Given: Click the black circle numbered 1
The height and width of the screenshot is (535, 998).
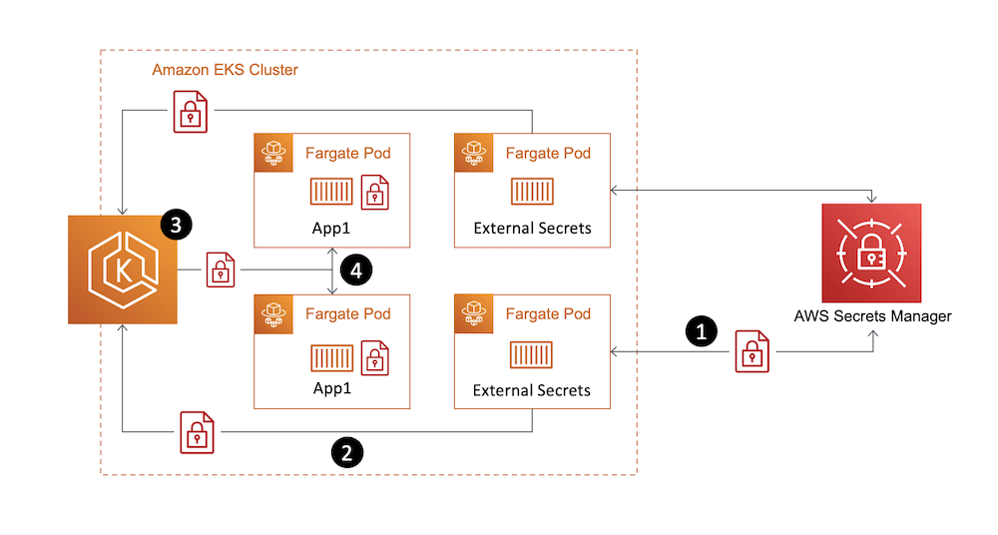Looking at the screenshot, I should tap(703, 332).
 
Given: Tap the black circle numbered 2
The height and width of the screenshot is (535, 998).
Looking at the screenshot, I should tap(346, 452).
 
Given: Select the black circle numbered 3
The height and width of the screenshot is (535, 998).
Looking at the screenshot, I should tap(176, 226).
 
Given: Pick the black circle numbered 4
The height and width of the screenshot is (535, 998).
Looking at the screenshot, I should tap(355, 268).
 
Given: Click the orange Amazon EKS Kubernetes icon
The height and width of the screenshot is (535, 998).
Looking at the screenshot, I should tap(121, 268).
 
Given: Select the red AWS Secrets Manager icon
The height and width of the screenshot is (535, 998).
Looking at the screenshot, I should tap(871, 254).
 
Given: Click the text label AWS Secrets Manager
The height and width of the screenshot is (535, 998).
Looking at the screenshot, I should tap(871, 316).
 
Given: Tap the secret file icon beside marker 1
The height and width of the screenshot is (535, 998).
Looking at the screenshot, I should tap(752, 352).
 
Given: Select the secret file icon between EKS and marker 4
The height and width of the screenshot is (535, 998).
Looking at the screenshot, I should tap(222, 270).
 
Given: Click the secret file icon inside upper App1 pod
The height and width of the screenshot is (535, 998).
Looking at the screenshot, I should tap(374, 193).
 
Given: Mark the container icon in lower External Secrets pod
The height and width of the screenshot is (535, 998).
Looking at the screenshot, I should tap(532, 354).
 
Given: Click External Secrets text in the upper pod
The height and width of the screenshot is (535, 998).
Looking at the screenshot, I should tap(532, 228).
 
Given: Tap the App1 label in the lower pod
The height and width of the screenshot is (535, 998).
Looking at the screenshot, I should tap(331, 390).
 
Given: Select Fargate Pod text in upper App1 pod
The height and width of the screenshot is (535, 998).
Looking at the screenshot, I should tap(347, 153).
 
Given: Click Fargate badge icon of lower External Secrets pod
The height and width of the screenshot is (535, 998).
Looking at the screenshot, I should tap(474, 313).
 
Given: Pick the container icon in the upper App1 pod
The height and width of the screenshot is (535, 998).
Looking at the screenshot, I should tap(331, 193).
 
